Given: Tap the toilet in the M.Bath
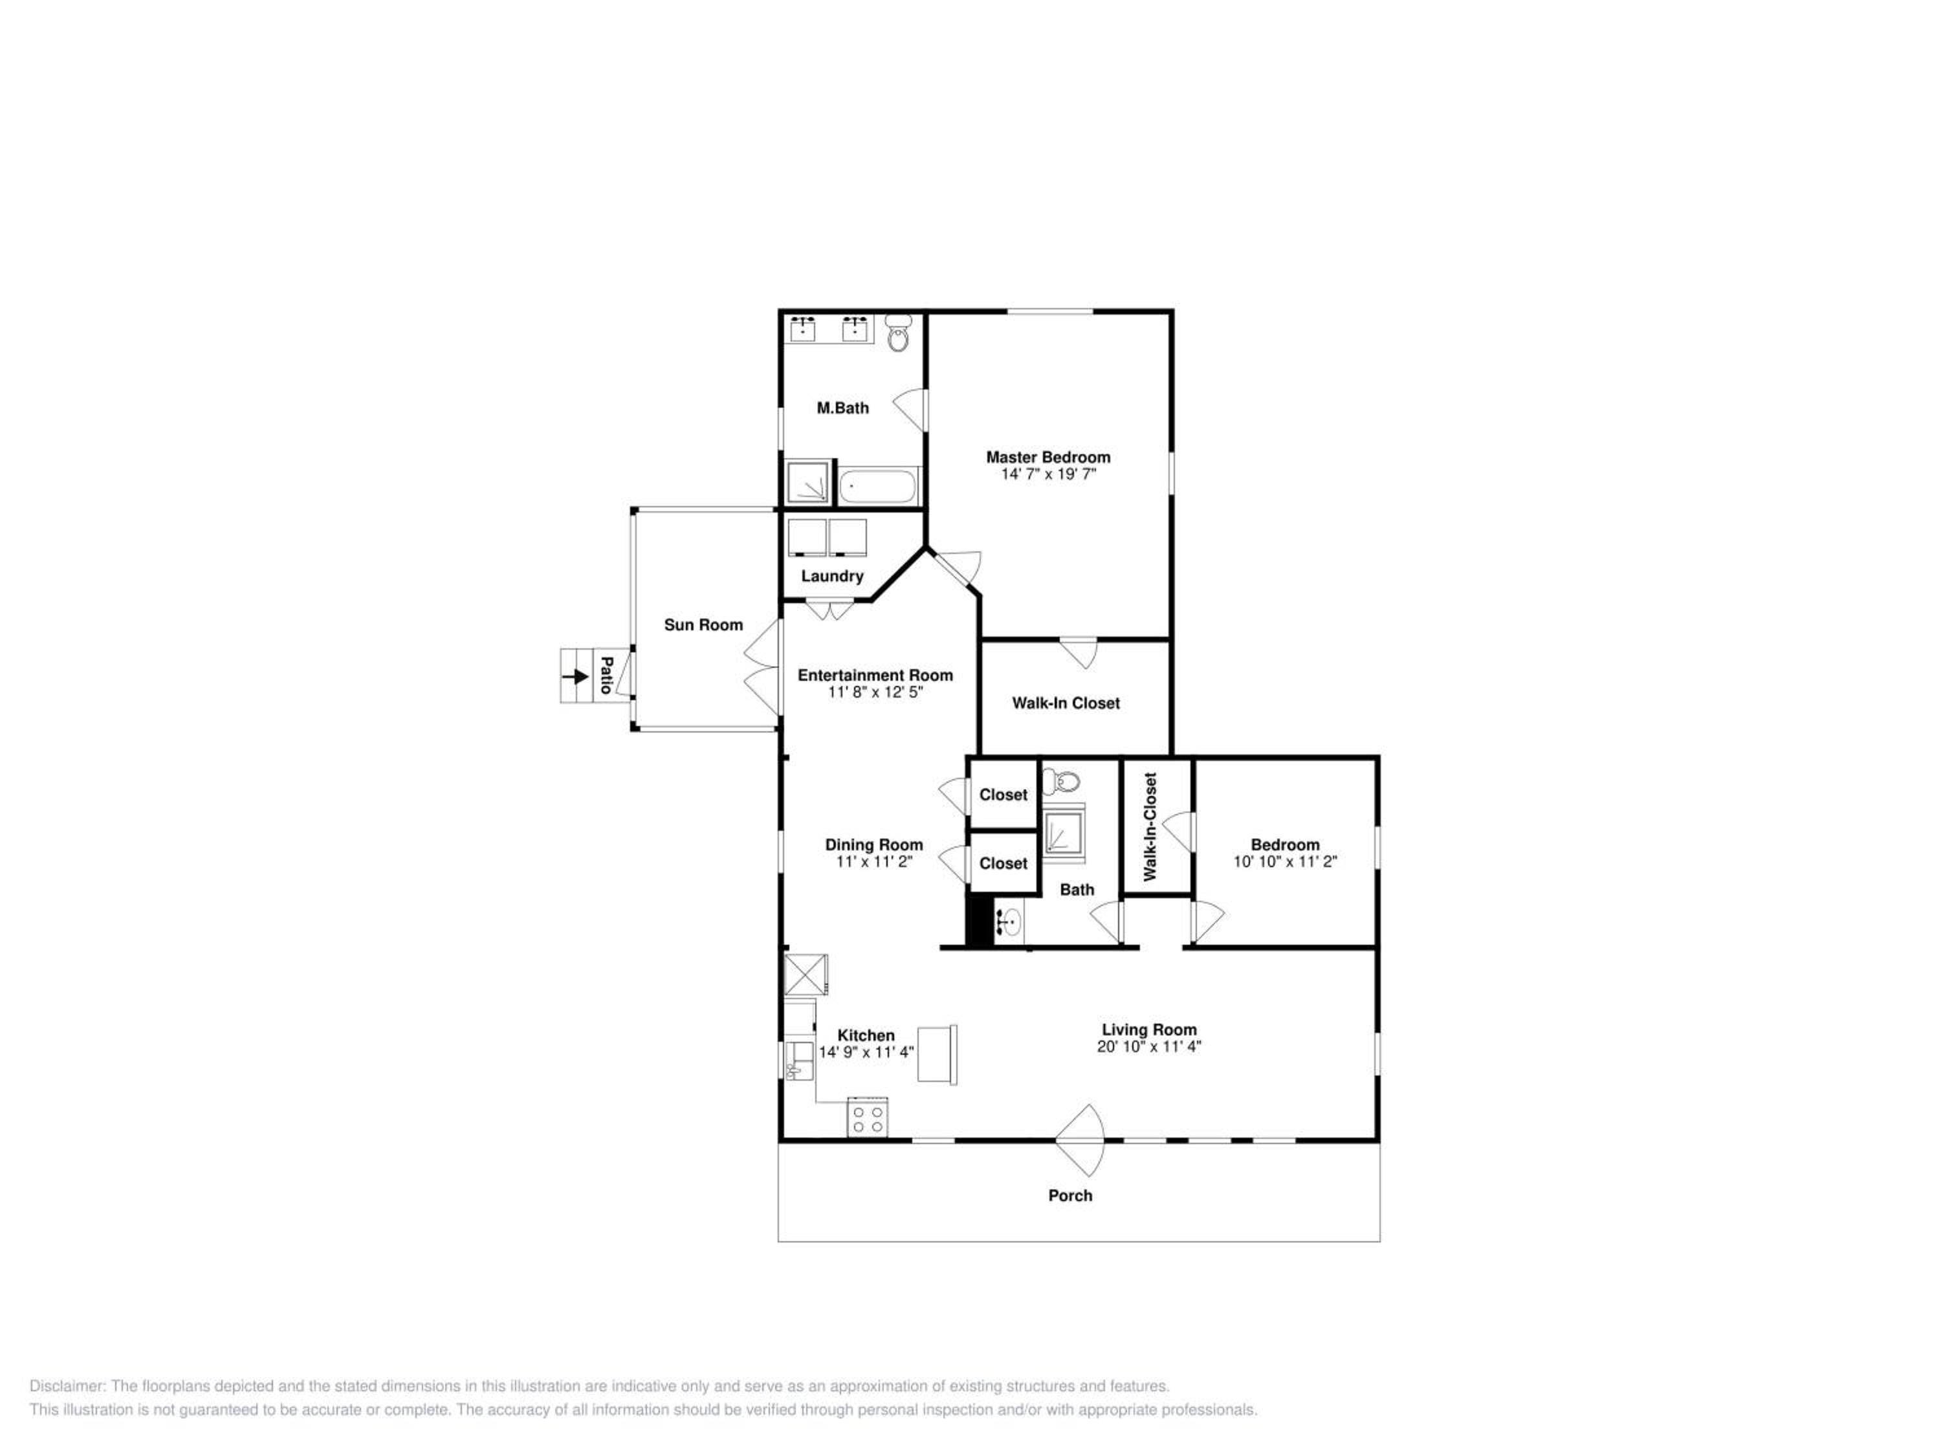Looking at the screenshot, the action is [897, 333].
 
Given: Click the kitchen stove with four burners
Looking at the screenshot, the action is [867, 1116].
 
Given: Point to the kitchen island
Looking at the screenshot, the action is [937, 1054].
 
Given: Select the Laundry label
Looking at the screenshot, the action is [832, 577].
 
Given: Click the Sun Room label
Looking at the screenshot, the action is [703, 625].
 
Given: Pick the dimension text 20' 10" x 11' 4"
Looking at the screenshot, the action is [1148, 1046].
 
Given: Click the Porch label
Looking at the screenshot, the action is [1071, 1195].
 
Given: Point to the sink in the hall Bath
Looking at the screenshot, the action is [1009, 922].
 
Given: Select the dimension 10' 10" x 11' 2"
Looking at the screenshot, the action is [1285, 862].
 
